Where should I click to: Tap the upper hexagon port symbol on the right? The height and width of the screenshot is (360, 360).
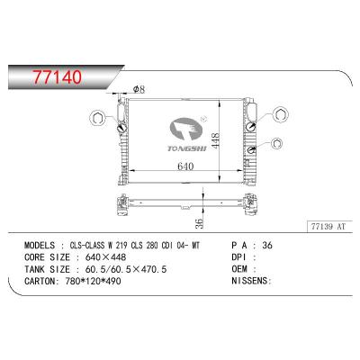[x=279, y=113]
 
